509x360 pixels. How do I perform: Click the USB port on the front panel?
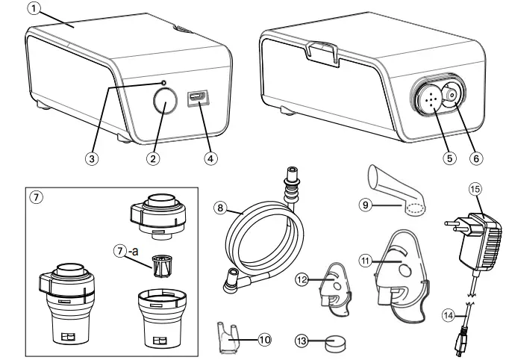(199, 97)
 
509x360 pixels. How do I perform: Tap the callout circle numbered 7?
(35, 198)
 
